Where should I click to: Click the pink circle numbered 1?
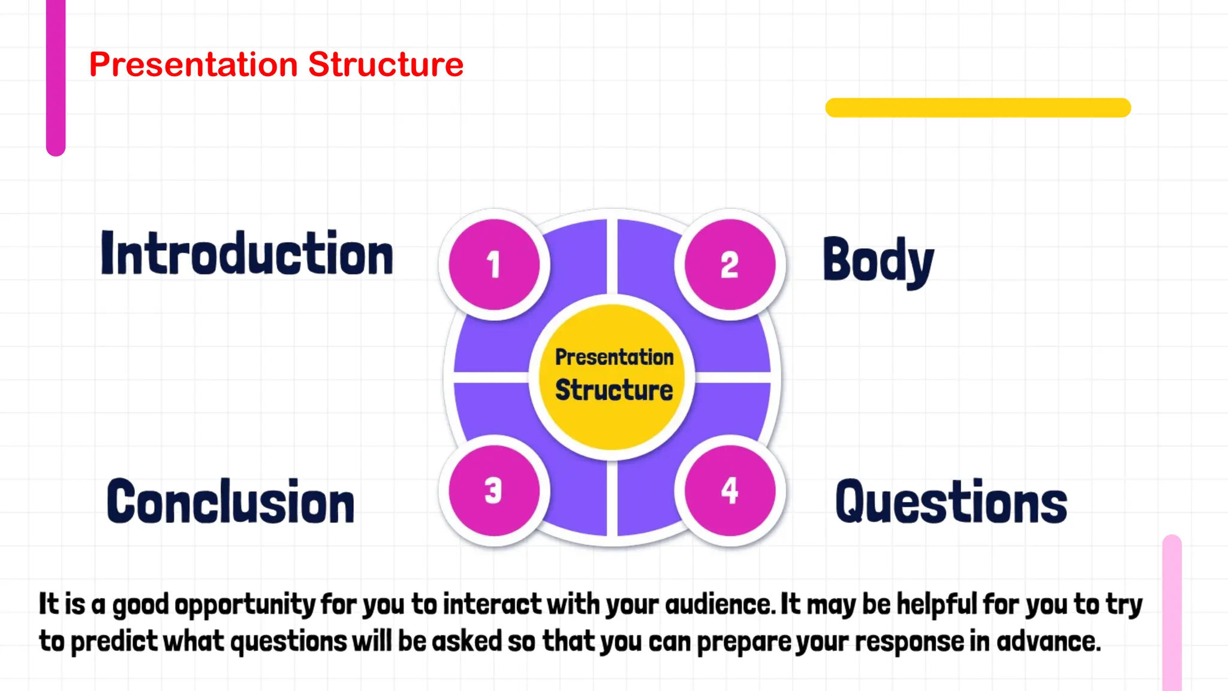(x=494, y=265)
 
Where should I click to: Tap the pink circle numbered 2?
(x=730, y=265)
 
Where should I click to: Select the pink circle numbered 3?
(x=494, y=491)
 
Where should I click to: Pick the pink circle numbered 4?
(x=730, y=491)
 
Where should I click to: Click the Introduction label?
(x=246, y=254)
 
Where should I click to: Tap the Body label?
(x=878, y=261)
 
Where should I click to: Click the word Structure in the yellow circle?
(x=614, y=390)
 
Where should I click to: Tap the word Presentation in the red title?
(x=193, y=64)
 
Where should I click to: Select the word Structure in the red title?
(x=386, y=64)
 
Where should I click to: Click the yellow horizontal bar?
(x=977, y=108)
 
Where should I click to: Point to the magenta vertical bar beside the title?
(x=56, y=78)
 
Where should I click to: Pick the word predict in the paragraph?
(x=114, y=642)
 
